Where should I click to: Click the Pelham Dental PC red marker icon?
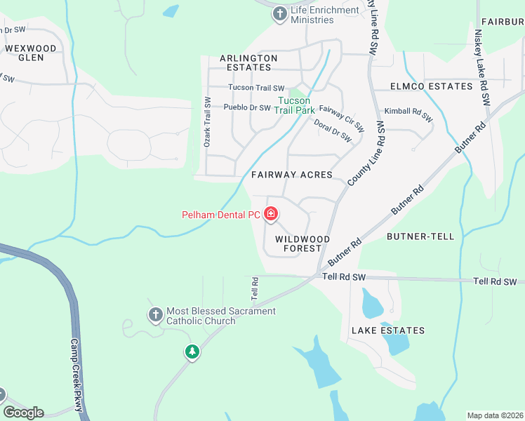point(271,214)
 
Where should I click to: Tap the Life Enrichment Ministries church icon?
point(280,14)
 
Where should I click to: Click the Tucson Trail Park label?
point(295,105)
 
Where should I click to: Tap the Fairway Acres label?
point(291,175)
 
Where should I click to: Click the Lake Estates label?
point(388,330)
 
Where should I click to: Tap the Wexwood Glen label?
point(29,53)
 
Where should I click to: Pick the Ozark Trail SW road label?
point(208,121)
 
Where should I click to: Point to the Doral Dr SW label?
point(333,131)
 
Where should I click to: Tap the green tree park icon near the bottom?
point(192,352)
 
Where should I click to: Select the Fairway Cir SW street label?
point(341,119)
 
